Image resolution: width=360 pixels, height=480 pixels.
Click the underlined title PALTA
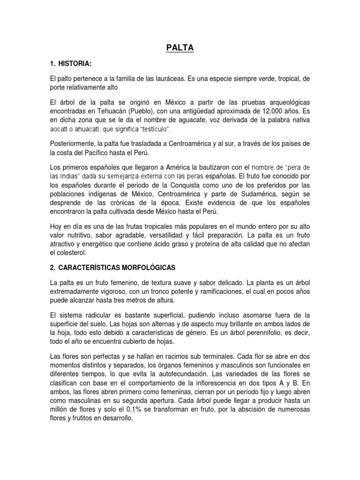[180, 48]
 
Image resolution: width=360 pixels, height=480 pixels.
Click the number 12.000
[267, 112]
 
